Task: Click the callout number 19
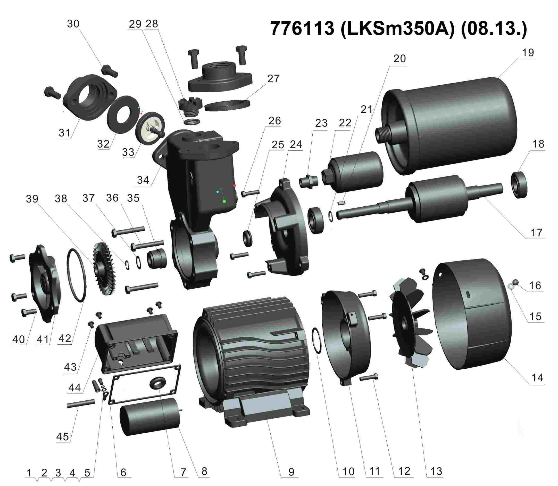click(x=527, y=53)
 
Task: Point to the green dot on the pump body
click(x=224, y=201)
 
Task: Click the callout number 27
click(x=273, y=79)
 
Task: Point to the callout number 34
click(x=143, y=180)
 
